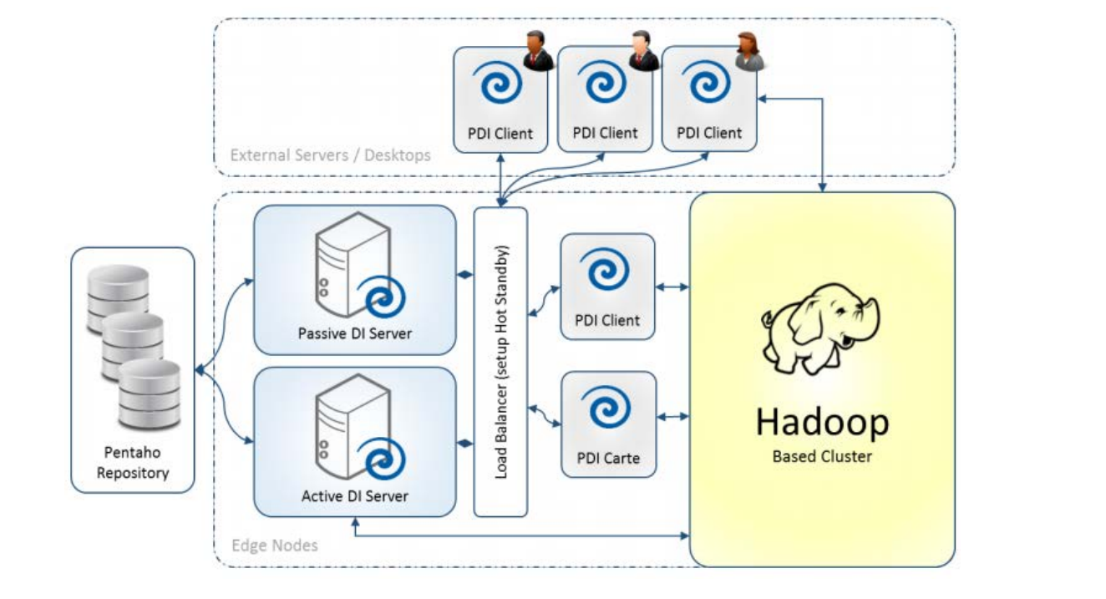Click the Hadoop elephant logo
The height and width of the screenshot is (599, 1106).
820,328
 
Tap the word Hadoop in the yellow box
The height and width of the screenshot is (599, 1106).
823,423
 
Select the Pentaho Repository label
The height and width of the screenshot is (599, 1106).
132,463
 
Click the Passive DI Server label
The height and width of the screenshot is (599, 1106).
354,334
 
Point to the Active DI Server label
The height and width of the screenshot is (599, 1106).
354,495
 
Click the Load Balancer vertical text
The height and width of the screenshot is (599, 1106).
500,362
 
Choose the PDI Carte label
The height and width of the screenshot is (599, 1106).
608,459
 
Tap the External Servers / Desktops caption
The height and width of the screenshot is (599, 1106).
330,155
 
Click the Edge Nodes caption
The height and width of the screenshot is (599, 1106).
275,546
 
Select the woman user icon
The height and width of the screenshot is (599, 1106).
749,51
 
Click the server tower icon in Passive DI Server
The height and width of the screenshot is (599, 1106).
353,264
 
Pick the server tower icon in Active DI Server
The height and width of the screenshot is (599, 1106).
353,426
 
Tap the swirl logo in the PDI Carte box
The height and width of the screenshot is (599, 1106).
606,407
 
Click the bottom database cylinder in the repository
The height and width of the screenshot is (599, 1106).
150,394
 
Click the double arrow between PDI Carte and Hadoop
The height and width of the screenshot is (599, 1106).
673,417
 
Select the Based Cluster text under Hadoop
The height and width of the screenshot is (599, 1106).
822,456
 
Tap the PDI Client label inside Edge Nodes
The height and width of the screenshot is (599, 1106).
607,321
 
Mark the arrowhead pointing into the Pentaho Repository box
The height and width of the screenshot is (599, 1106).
200,370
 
